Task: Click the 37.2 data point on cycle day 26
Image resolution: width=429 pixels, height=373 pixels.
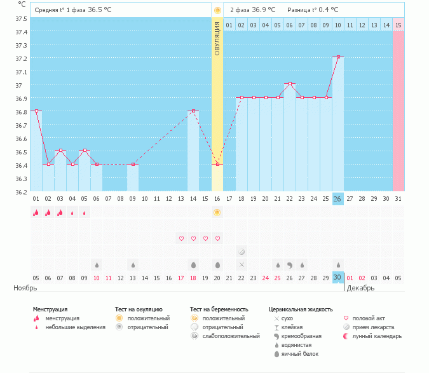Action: pos(338,57)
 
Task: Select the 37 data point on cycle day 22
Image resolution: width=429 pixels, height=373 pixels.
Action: pos(290,84)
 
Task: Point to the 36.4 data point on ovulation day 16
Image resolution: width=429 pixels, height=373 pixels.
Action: pos(217,164)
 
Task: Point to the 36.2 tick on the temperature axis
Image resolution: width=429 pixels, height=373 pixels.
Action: pos(20,191)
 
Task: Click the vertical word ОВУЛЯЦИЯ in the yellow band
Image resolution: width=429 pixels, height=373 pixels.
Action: pos(217,37)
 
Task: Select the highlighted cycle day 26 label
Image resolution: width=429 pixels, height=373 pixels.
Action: pos(338,198)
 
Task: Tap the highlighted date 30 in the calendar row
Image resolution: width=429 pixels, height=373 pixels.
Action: pos(338,278)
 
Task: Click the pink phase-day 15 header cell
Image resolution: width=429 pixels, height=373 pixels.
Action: pos(398,25)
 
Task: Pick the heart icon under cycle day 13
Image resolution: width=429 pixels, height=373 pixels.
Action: pos(181,238)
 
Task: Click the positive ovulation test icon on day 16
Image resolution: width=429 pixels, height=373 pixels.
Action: pos(217,212)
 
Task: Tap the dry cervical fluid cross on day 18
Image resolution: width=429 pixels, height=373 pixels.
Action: pos(242,264)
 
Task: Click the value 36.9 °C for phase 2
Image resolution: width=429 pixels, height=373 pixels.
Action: pos(263,10)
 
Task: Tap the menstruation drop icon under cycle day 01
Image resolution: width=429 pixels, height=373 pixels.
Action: pos(36,212)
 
